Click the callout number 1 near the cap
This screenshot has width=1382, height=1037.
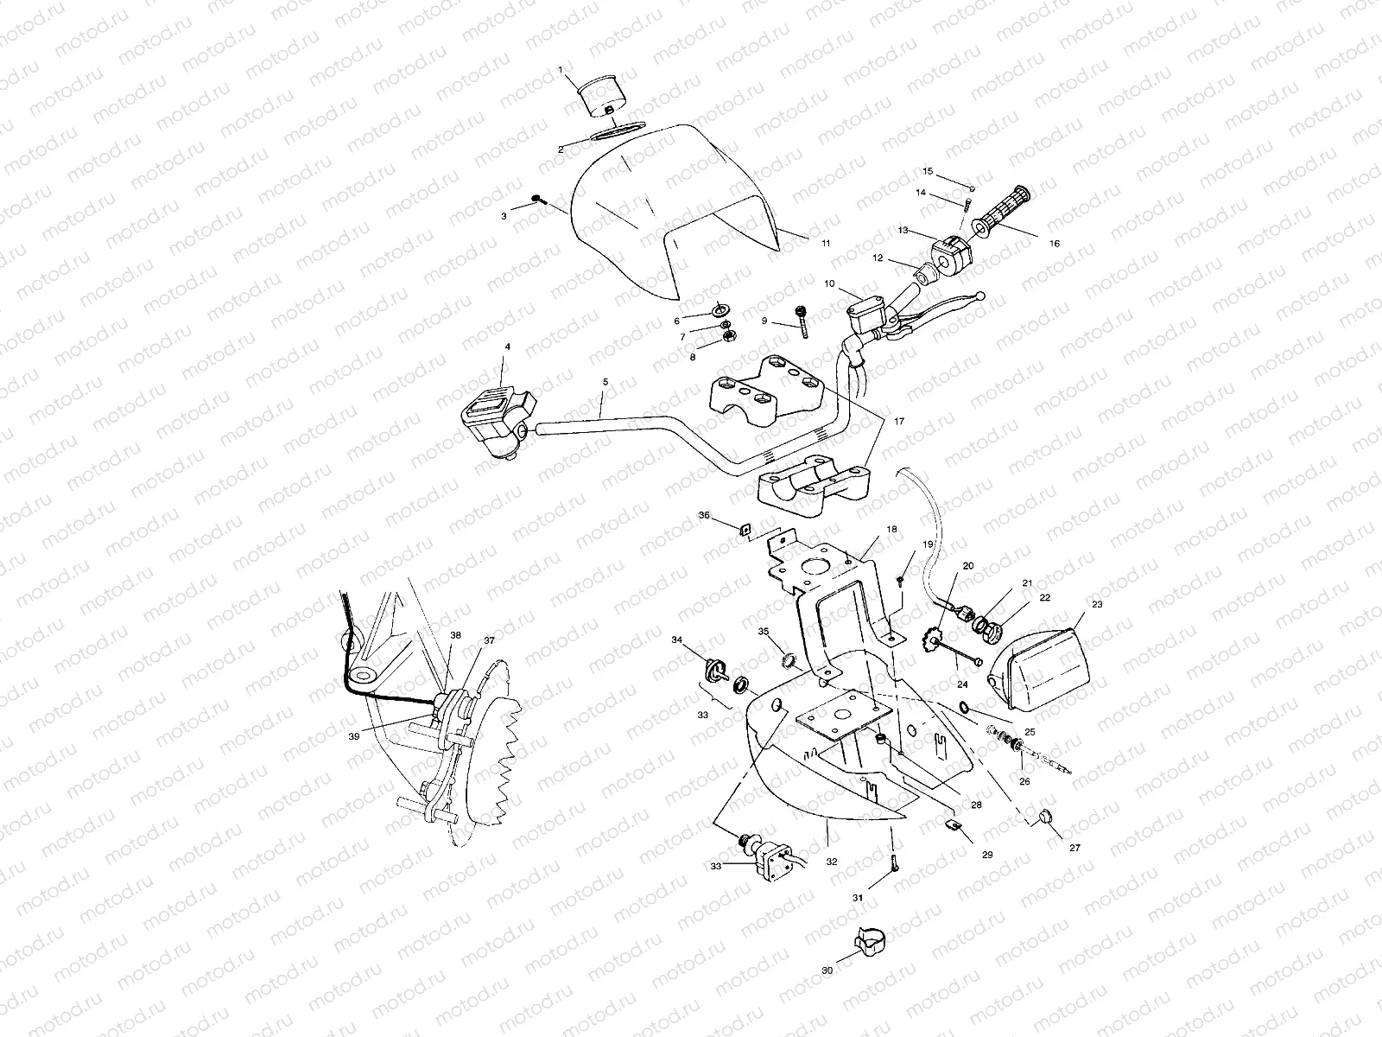(x=560, y=69)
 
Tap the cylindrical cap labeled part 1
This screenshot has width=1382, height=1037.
(x=600, y=97)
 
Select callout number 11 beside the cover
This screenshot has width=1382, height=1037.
(x=826, y=244)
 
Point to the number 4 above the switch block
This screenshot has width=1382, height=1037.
(x=507, y=347)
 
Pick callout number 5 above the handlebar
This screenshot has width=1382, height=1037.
(x=605, y=381)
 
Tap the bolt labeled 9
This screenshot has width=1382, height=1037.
(x=803, y=321)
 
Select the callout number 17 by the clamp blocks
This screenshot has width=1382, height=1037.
(x=899, y=422)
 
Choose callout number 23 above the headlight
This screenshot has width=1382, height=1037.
(x=1097, y=605)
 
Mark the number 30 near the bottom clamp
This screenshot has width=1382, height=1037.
(x=827, y=970)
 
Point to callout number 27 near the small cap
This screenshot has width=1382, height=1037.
(x=1075, y=848)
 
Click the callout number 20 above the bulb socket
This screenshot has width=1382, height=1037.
(x=968, y=565)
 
